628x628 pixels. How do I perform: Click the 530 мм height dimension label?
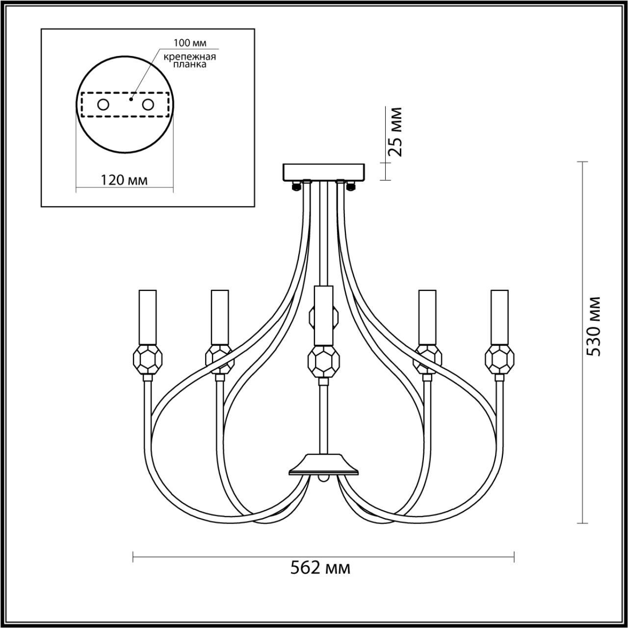pyautogui.click(x=592, y=326)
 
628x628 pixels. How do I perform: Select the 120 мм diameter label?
pyautogui.click(x=124, y=180)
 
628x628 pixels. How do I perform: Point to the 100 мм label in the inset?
pyautogui.click(x=190, y=43)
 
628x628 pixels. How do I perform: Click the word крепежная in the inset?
pyautogui.click(x=190, y=57)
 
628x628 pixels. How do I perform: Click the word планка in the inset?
pyautogui.click(x=190, y=65)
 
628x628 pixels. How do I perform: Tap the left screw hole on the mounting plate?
pyautogui.click(x=104, y=105)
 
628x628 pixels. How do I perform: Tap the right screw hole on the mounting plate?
pyautogui.click(x=148, y=105)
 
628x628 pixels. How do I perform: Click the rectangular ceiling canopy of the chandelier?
pyautogui.click(x=324, y=172)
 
